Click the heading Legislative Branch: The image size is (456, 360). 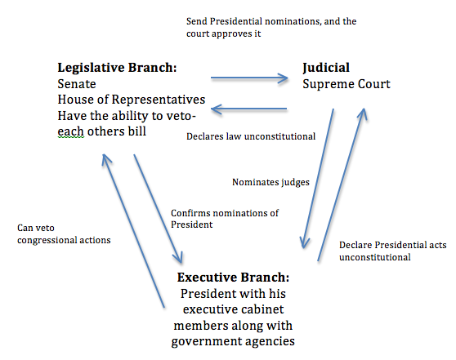(117, 68)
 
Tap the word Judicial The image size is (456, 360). (326, 69)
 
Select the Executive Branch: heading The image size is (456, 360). (233, 278)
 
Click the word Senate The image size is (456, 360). (77, 84)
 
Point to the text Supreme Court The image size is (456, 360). (346, 85)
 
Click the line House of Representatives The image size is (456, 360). (132, 100)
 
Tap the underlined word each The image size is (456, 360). (71, 131)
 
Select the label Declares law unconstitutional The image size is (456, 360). (251, 136)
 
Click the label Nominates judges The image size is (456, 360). (270, 182)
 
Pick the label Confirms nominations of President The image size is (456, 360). (225, 219)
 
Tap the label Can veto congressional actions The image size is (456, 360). (64, 234)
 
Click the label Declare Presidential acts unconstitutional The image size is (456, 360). (392, 251)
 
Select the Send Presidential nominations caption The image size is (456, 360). (271, 27)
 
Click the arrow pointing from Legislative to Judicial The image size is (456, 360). (249, 78)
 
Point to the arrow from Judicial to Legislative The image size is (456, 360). (249, 109)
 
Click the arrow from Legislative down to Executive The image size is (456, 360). (158, 209)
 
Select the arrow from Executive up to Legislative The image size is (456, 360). (133, 230)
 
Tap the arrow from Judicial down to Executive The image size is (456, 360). (318, 179)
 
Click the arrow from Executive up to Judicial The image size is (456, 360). (341, 184)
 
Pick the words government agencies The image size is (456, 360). (233, 341)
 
